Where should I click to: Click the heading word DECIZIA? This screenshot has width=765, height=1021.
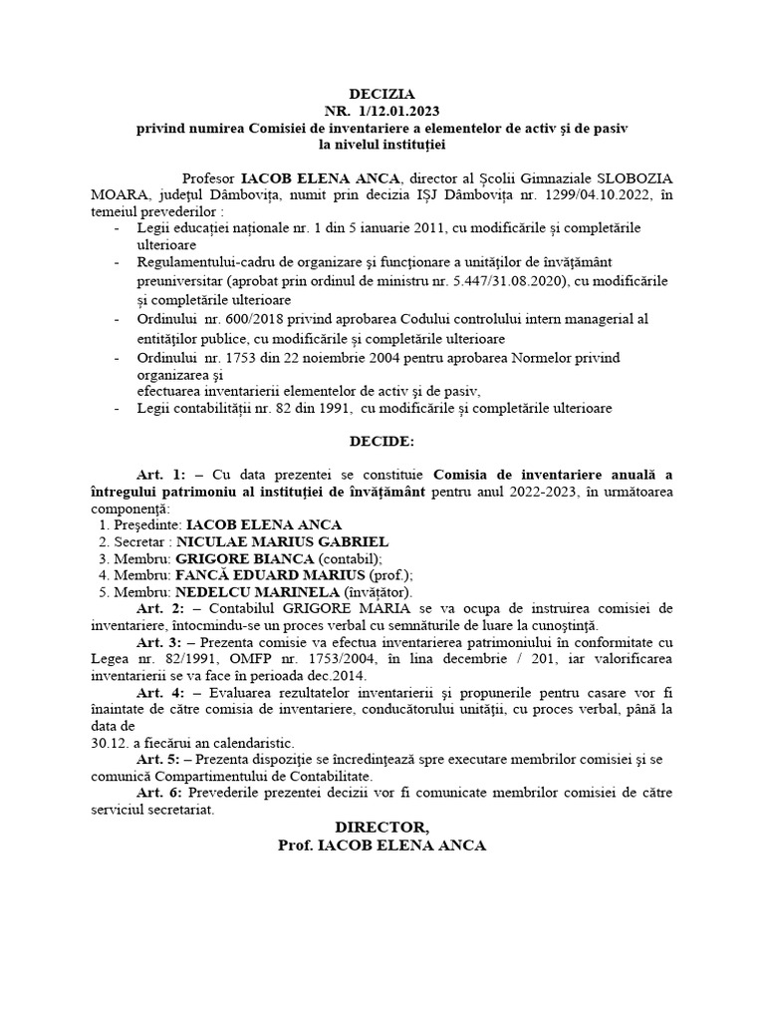382,93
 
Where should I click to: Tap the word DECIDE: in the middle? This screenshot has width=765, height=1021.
382,440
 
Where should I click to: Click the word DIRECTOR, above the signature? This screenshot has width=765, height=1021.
382,828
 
